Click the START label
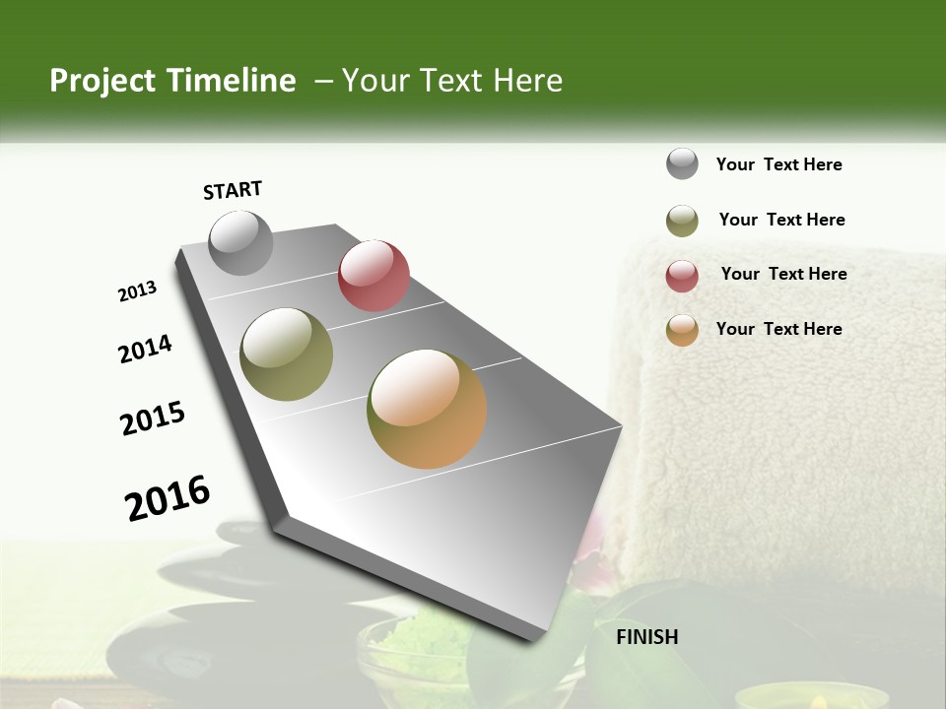[x=233, y=190]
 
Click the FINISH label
[x=647, y=636]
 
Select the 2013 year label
[x=137, y=291]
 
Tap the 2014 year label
[x=145, y=350]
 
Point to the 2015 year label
[x=153, y=419]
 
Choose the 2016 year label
[x=168, y=498]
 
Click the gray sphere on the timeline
[x=241, y=243]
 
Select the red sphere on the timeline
[x=373, y=276]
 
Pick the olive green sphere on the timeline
[x=286, y=354]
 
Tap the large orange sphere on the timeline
[x=427, y=409]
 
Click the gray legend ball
[x=682, y=163]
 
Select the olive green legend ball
[x=682, y=221]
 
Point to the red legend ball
[x=682, y=277]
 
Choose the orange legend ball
[x=682, y=331]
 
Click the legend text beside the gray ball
[x=778, y=164]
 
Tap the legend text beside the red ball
[x=783, y=274]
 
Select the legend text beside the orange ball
[x=778, y=329]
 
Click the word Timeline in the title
[x=233, y=81]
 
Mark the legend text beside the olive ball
[x=781, y=220]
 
